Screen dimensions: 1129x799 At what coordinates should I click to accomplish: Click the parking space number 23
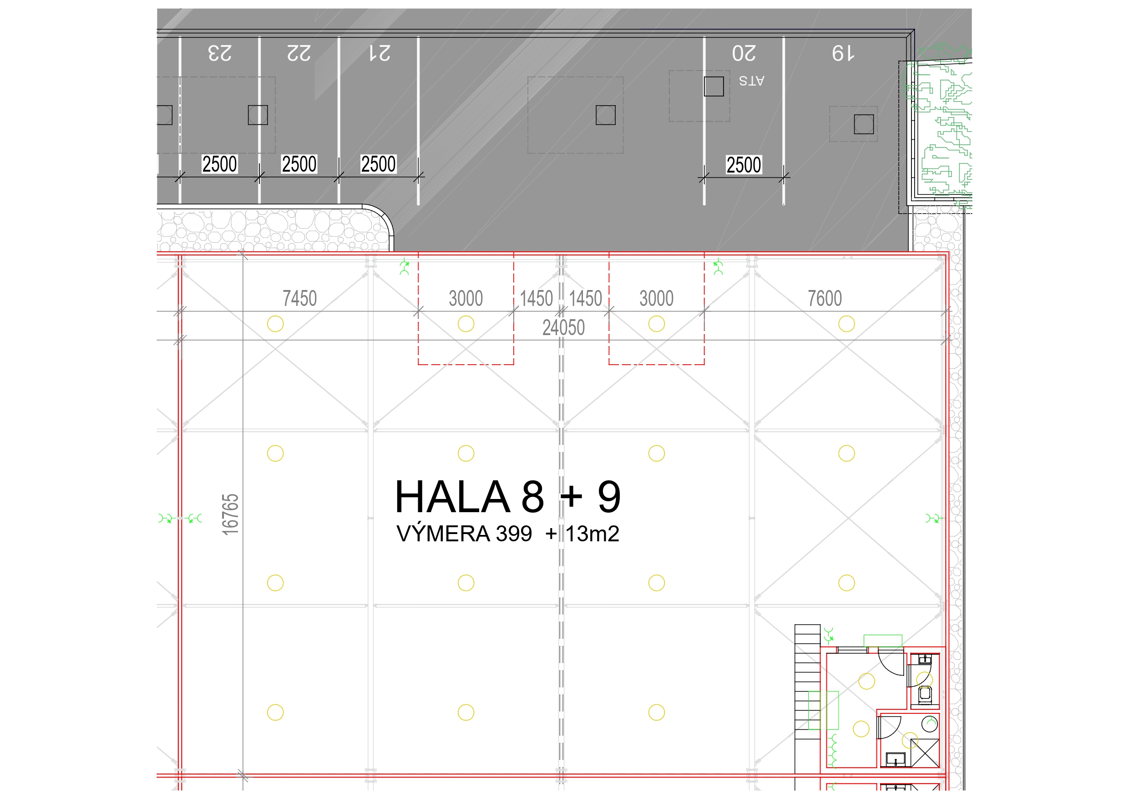coord(219,53)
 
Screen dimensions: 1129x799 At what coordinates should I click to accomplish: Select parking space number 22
coord(299,53)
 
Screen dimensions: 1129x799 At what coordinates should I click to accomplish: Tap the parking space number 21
coord(380,53)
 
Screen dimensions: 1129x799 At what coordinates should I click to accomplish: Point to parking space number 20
coord(744,53)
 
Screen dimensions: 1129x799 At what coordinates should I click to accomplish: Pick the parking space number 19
coord(843,53)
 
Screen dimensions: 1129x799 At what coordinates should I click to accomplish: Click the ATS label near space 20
coord(751,81)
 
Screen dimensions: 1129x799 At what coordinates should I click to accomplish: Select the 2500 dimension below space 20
coord(744,165)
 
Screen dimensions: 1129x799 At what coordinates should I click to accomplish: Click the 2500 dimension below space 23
coord(219,164)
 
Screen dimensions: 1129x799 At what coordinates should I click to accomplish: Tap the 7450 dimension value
coord(299,298)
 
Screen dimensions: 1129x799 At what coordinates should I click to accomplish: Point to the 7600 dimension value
coord(825,298)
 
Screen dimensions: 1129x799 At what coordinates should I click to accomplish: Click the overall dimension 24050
coord(563,328)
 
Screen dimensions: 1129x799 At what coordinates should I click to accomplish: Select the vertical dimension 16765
coord(230,514)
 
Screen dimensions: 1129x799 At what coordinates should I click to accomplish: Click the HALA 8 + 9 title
coord(507,496)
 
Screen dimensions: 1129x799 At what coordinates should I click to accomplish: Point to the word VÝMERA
coord(443,533)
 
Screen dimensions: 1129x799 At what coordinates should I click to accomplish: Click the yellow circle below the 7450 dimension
coord(275,324)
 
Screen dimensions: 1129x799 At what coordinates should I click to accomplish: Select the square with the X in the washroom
coord(925,753)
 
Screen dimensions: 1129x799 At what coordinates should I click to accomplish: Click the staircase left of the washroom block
coord(807,682)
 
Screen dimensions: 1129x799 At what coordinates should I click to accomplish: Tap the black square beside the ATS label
coord(714,87)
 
